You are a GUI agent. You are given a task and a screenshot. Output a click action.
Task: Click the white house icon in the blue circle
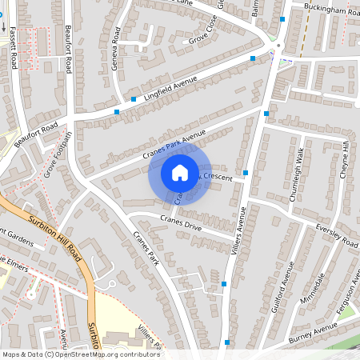click(x=179, y=172)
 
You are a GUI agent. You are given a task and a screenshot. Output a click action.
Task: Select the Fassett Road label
click(x=14, y=54)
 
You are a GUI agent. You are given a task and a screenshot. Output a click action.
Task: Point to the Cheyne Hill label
click(x=346, y=158)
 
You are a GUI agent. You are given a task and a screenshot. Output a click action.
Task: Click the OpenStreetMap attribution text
click(x=80, y=354)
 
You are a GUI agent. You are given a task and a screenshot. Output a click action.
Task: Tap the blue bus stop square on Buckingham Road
click(x=282, y=18)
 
